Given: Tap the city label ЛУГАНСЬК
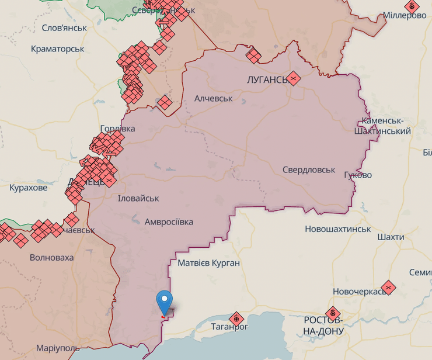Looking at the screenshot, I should coord(266,79).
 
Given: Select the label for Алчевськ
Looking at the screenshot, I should coord(213,98).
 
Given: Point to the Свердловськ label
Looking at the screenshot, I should coord(309,169).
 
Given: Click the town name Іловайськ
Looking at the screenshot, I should coord(138,198).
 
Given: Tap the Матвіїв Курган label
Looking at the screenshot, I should coord(208,263).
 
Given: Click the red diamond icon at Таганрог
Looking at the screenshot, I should coord(236,319).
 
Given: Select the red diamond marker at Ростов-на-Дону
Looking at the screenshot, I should coord(333,314).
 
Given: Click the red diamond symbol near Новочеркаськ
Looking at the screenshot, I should coord(388,288).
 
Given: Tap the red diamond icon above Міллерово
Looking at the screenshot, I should coord(412,6).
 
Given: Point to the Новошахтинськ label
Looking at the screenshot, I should coord(337,229).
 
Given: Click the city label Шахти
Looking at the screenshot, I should coord(391,237).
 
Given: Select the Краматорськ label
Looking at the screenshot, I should coord(57,49).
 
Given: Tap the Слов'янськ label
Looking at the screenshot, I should coord(64,27).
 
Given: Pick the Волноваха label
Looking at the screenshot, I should coord(51,257).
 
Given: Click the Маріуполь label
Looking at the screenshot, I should coord(58,348).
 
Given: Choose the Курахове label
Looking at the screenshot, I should coord(28,188).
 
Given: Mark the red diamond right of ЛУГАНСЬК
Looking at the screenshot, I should coord(294,78).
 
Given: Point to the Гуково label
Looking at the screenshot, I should coord(358,175).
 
